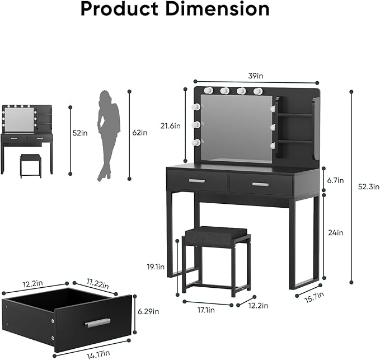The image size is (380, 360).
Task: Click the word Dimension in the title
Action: coord(223,10)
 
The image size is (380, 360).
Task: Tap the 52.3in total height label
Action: coord(368,187)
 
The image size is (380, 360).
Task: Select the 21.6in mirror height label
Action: coord(170,126)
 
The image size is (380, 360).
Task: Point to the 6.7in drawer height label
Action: coord(336,180)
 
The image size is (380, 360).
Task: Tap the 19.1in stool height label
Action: coord(157,267)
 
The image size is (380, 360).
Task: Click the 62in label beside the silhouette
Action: coord(140,133)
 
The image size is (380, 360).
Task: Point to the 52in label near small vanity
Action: coord(80,133)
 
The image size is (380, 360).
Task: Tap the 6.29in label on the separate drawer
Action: coord(148,311)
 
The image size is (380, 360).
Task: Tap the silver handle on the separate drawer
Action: coord(97,323)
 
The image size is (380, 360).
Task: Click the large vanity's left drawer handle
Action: coord(196,180)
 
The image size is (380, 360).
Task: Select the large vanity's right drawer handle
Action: coord(260,184)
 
